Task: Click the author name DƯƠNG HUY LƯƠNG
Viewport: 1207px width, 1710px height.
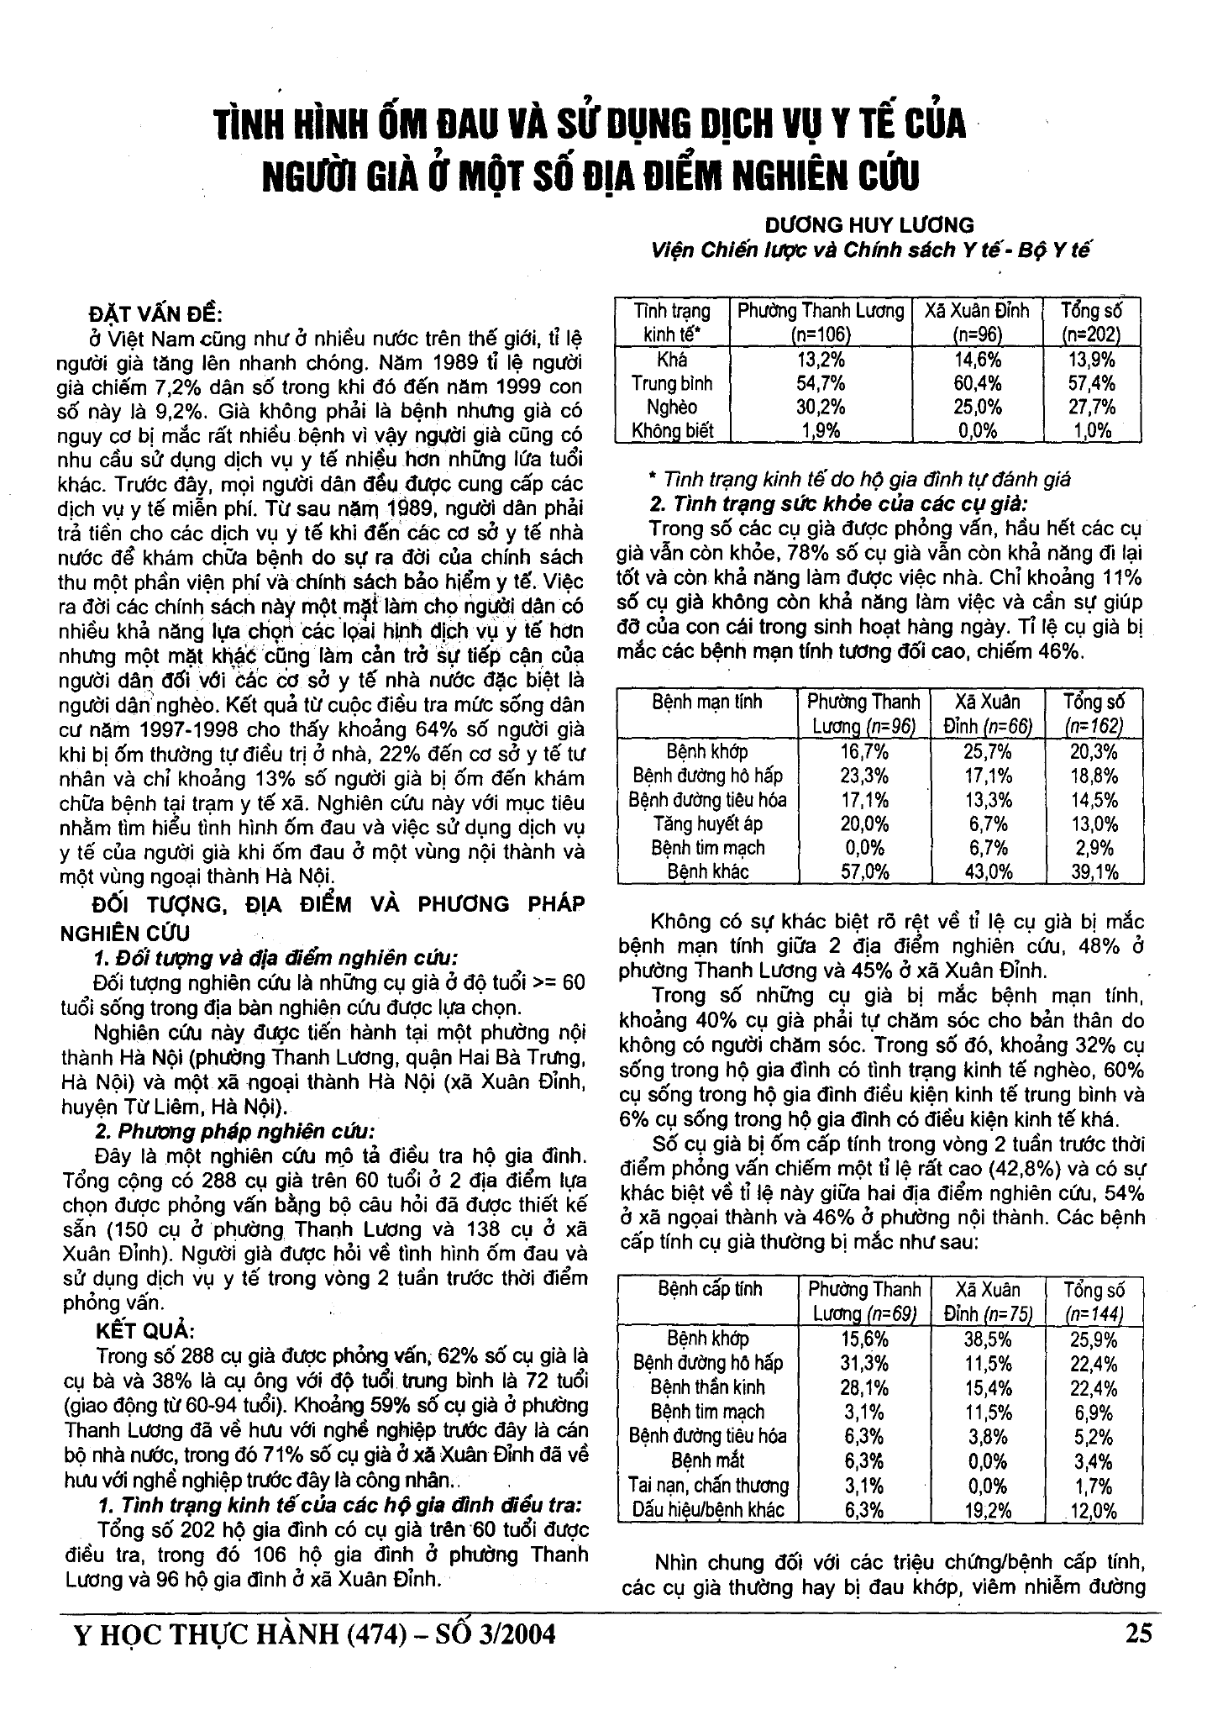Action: [870, 225]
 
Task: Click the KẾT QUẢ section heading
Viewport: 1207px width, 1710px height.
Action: [146, 1331]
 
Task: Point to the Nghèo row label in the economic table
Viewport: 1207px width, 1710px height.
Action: [672, 408]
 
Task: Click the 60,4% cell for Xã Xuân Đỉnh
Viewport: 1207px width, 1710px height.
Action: [976, 384]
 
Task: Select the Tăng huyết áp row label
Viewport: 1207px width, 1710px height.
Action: [707, 823]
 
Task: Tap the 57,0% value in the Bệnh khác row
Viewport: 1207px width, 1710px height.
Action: [863, 871]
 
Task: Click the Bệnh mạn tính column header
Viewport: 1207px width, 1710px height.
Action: [707, 701]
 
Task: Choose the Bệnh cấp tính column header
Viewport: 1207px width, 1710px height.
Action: [709, 1288]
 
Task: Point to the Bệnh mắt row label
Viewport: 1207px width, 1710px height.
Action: [707, 1460]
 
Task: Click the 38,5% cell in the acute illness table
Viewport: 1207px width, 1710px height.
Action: [987, 1339]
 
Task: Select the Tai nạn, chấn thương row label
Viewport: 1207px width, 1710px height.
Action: [708, 1485]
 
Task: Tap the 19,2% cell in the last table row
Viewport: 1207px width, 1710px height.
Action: [987, 1510]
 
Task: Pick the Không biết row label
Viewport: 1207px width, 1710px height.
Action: [672, 431]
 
